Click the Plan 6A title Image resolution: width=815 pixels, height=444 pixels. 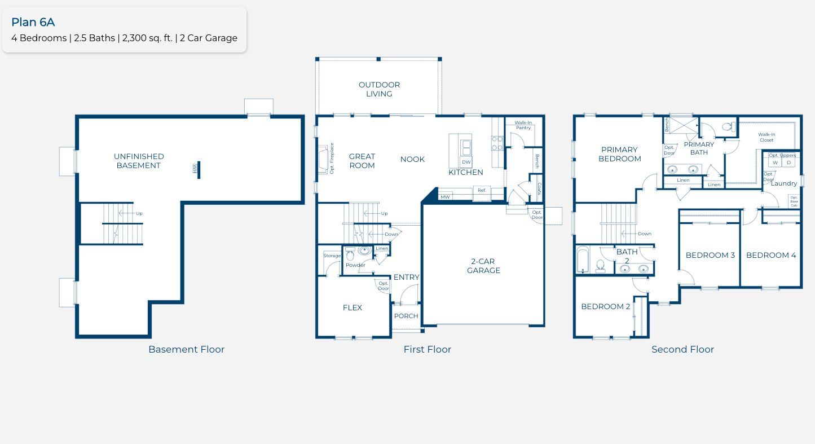33,22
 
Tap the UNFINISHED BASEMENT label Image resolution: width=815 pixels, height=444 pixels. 139,161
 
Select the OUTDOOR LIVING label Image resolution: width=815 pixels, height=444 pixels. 379,89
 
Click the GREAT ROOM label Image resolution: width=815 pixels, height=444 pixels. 362,161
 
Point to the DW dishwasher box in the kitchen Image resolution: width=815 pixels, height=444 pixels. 466,162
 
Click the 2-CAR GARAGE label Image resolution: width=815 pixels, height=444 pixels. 483,266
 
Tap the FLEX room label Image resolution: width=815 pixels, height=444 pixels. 353,307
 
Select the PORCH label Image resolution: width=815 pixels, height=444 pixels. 406,316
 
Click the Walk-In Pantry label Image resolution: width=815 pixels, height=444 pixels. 523,125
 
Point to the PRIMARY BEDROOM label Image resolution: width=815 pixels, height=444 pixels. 619,154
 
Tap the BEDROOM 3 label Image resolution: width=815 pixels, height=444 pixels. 710,255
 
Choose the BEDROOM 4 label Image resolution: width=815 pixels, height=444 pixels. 771,255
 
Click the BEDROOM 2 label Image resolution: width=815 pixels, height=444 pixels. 606,306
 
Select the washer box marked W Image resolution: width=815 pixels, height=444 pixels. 775,162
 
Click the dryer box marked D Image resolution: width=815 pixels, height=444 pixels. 789,162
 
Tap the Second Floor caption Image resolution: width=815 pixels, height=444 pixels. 682,349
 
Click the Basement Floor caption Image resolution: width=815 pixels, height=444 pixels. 186,349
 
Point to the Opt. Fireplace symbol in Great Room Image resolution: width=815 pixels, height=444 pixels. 323,159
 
